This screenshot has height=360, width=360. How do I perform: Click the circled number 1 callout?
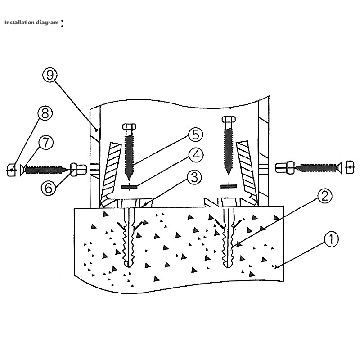(331, 239)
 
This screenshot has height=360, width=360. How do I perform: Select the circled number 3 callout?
(194, 177)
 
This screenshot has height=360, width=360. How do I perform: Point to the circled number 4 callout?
(195, 155)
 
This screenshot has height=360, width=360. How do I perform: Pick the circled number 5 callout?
(195, 134)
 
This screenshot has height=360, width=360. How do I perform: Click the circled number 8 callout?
(44, 113)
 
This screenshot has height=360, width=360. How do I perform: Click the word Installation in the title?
(19, 22)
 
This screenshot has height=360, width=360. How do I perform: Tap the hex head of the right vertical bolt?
(229, 120)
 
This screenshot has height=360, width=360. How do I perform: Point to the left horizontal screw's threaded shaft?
(44, 170)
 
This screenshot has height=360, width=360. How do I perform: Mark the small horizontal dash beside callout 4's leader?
(130, 187)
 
